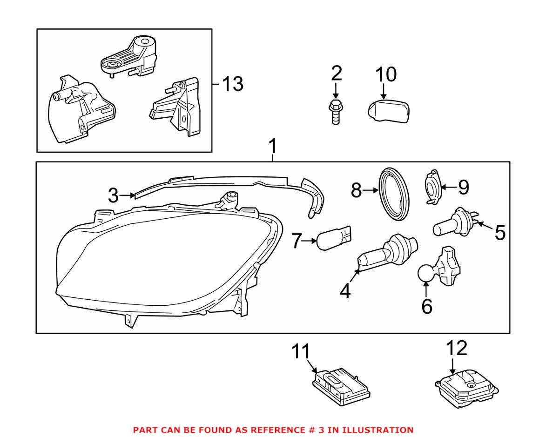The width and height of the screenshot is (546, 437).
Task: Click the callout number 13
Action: click(x=231, y=85)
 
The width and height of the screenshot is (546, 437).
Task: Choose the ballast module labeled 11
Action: click(x=341, y=386)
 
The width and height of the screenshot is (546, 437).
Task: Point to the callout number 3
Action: click(x=114, y=196)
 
